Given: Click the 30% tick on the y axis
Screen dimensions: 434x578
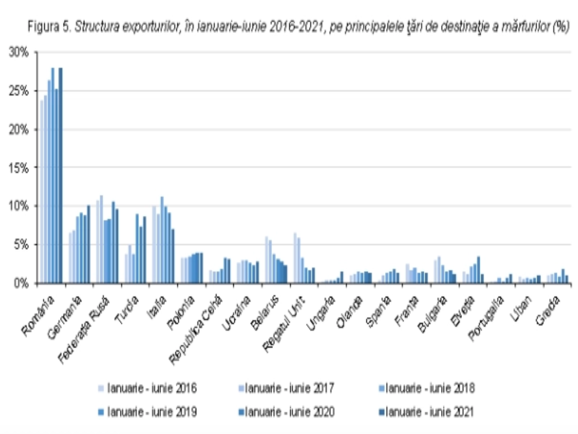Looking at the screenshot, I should (18, 53).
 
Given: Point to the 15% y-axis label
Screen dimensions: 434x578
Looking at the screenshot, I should (18, 168).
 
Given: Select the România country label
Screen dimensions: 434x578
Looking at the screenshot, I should (38, 315).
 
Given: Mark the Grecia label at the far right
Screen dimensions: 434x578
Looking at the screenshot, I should (547, 310).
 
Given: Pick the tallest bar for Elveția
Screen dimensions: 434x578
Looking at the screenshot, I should (479, 270).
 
